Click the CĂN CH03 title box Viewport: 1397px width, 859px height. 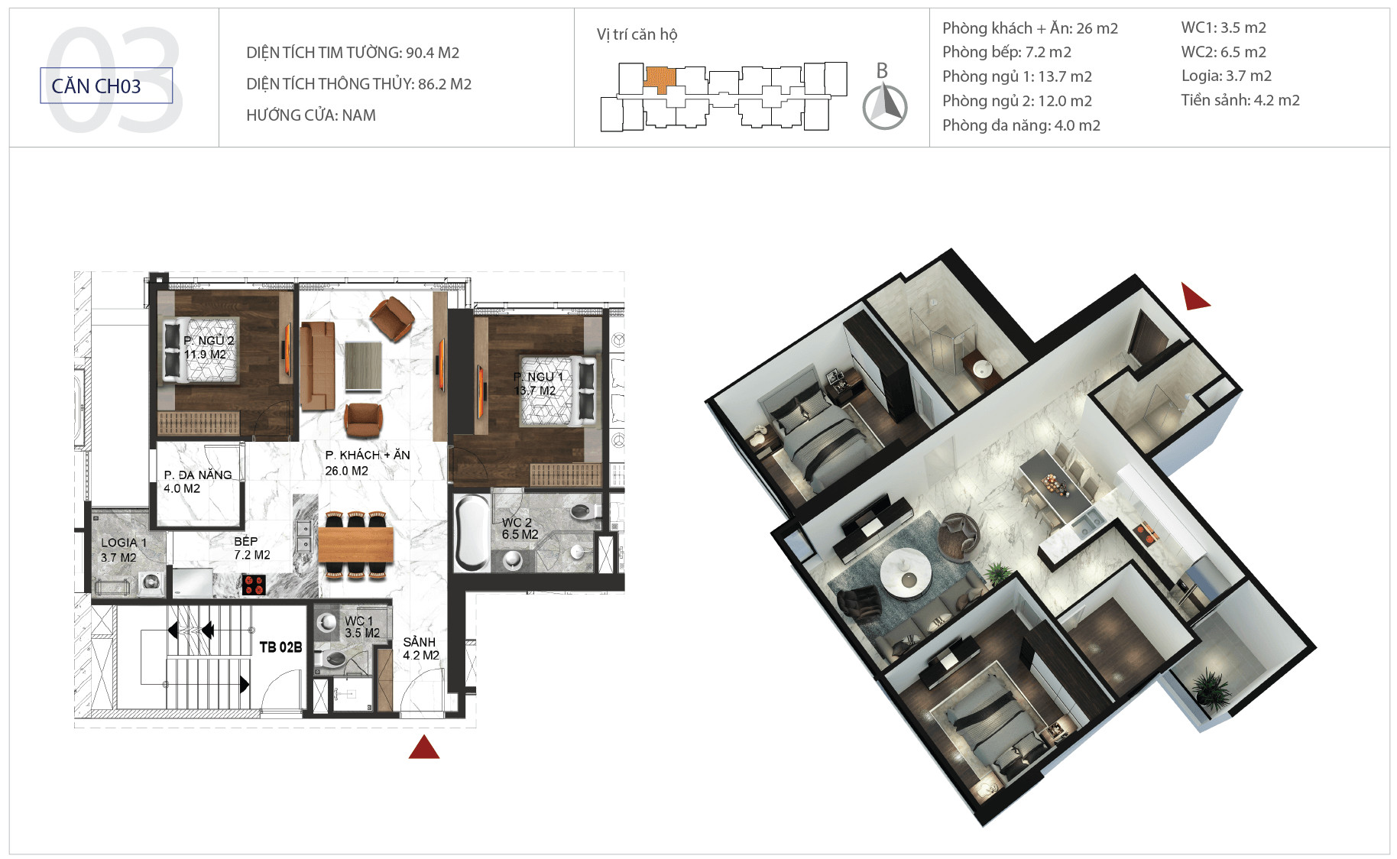pos(106,86)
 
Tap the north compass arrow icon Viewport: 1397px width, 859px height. pos(885,106)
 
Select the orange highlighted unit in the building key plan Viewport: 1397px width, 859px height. pos(660,79)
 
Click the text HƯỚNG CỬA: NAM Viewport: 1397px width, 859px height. pos(311,115)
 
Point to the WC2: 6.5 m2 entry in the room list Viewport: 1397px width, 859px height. pos(1224,52)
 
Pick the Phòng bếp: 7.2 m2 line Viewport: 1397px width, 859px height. pos(1006,52)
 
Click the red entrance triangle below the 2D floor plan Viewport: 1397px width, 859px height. pos(424,747)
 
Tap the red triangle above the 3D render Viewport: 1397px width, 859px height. pos(1194,297)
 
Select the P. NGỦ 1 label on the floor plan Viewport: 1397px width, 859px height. pos(538,377)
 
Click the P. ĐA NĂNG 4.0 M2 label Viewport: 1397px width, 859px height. pos(197,481)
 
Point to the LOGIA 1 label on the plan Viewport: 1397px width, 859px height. pos(123,543)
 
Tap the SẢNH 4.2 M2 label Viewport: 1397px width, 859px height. pos(421,649)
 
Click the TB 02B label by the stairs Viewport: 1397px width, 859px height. pos(280,647)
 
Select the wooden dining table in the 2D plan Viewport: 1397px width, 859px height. pos(355,545)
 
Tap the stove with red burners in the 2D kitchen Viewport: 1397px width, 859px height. pos(253,585)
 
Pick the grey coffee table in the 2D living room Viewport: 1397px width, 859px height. pos(364,367)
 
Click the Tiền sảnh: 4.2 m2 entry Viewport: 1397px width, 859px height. pos(1240,100)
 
